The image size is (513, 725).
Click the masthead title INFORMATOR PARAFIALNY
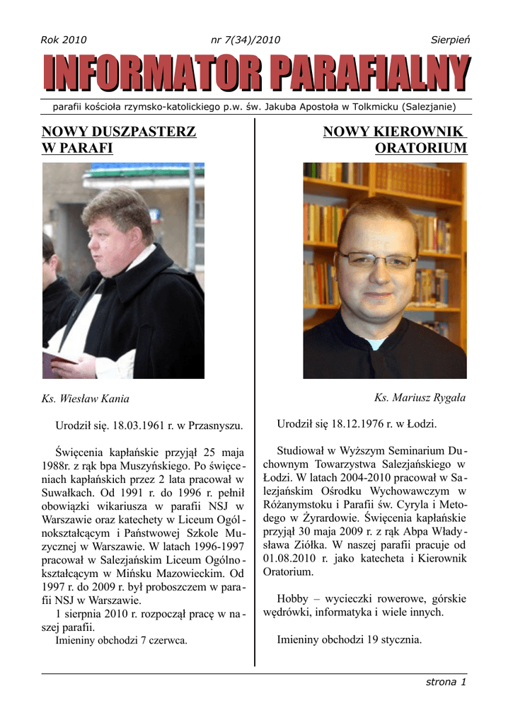point(256,76)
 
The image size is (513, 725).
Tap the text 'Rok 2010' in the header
point(64,40)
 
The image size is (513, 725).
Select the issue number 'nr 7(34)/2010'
point(246,40)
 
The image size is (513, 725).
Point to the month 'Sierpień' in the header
point(451,40)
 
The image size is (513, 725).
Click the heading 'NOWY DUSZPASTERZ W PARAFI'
point(119,139)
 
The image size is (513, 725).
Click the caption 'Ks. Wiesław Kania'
point(86,399)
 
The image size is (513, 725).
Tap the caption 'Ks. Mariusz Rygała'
point(420,398)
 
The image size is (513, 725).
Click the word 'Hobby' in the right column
point(292,598)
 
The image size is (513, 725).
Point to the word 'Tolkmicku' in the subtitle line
point(372,107)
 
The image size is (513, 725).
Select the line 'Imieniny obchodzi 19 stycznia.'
point(350,640)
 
